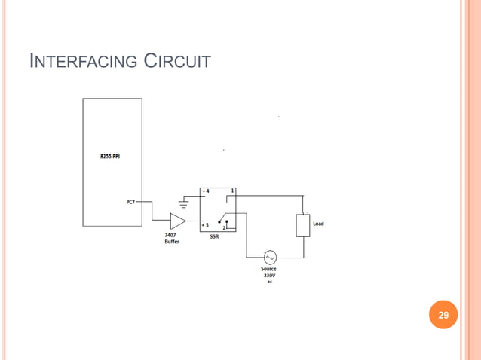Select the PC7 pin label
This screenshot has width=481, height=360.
(x=130, y=203)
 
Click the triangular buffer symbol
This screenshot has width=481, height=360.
(x=177, y=221)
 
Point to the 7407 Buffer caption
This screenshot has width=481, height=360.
(x=172, y=239)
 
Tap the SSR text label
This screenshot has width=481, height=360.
(x=214, y=236)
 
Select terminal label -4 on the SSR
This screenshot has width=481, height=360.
(x=205, y=191)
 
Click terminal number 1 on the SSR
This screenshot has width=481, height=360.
(x=232, y=191)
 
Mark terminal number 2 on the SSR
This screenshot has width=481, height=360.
(x=224, y=227)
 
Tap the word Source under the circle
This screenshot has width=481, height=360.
(x=268, y=269)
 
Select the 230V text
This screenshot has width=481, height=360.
(x=268, y=276)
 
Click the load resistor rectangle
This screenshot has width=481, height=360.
(x=302, y=225)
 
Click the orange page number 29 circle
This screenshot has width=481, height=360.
(x=443, y=315)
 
